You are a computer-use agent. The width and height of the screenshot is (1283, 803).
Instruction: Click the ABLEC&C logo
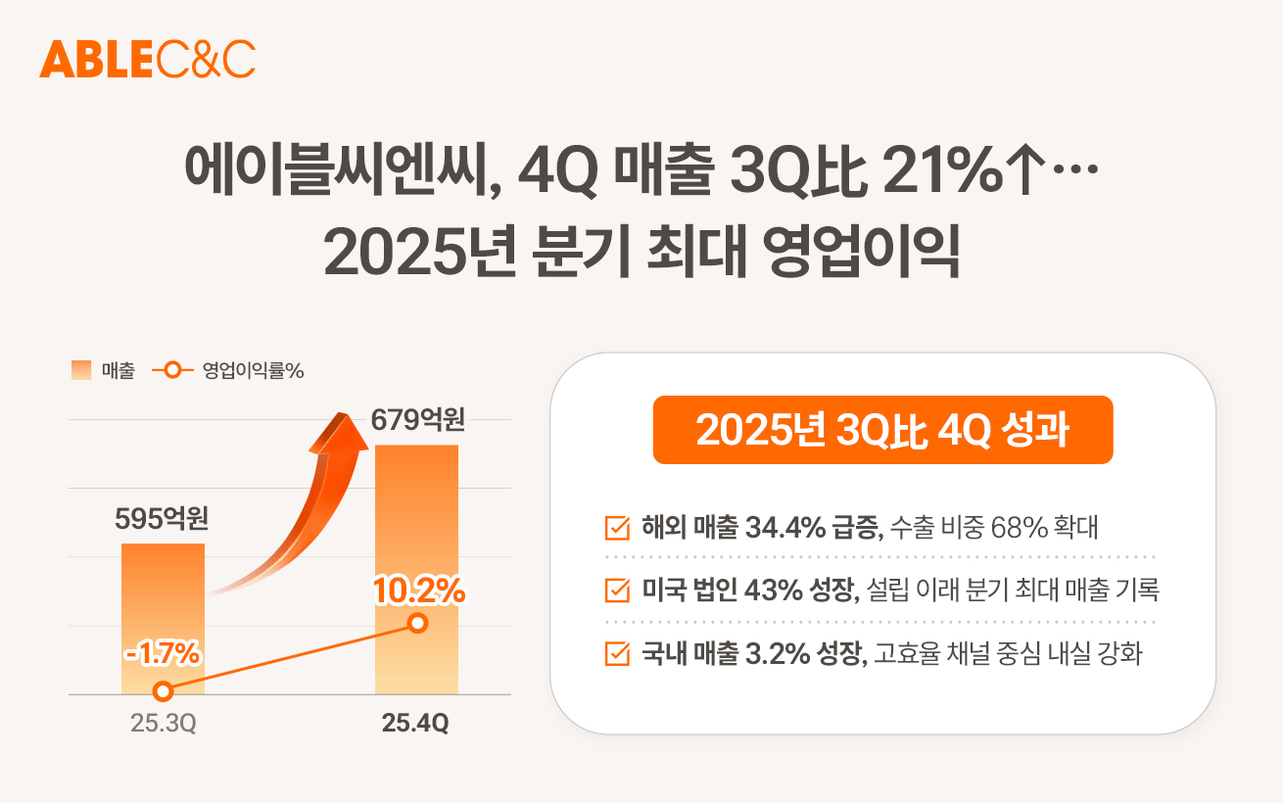click(x=147, y=60)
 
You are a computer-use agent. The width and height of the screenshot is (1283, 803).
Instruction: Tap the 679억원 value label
click(x=417, y=421)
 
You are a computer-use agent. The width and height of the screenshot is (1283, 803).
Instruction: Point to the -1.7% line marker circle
click(x=164, y=691)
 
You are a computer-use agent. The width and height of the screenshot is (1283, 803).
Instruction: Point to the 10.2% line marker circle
click(x=417, y=623)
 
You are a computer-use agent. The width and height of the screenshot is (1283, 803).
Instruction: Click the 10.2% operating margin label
click(x=418, y=590)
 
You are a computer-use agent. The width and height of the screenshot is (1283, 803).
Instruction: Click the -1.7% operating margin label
click(x=164, y=652)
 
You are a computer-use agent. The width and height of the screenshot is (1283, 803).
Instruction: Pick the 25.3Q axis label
click(x=164, y=725)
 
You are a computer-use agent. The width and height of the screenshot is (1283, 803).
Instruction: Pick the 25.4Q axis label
click(x=416, y=725)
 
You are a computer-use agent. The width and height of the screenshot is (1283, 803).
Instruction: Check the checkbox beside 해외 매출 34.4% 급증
click(x=618, y=528)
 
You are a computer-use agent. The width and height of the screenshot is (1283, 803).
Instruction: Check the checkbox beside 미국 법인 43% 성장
click(x=618, y=590)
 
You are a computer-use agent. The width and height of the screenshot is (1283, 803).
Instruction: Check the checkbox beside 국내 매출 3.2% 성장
click(x=618, y=653)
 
